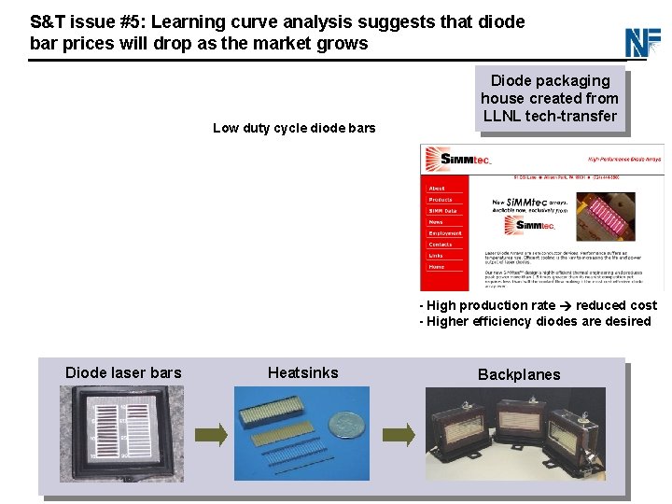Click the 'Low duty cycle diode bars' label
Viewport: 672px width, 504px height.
294,128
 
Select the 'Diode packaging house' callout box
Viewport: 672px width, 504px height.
550,99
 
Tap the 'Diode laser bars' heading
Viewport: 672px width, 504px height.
123,372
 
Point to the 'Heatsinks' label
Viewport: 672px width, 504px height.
302,372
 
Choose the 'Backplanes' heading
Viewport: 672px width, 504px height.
519,374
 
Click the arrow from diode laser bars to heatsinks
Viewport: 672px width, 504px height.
213,435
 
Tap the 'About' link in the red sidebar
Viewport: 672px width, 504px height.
437,189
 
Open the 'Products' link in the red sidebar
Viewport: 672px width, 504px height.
441,200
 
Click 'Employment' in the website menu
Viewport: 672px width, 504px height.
445,233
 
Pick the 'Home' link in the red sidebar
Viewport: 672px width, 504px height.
437,267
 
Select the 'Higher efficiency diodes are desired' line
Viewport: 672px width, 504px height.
539,321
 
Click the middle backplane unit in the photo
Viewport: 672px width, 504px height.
527,435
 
